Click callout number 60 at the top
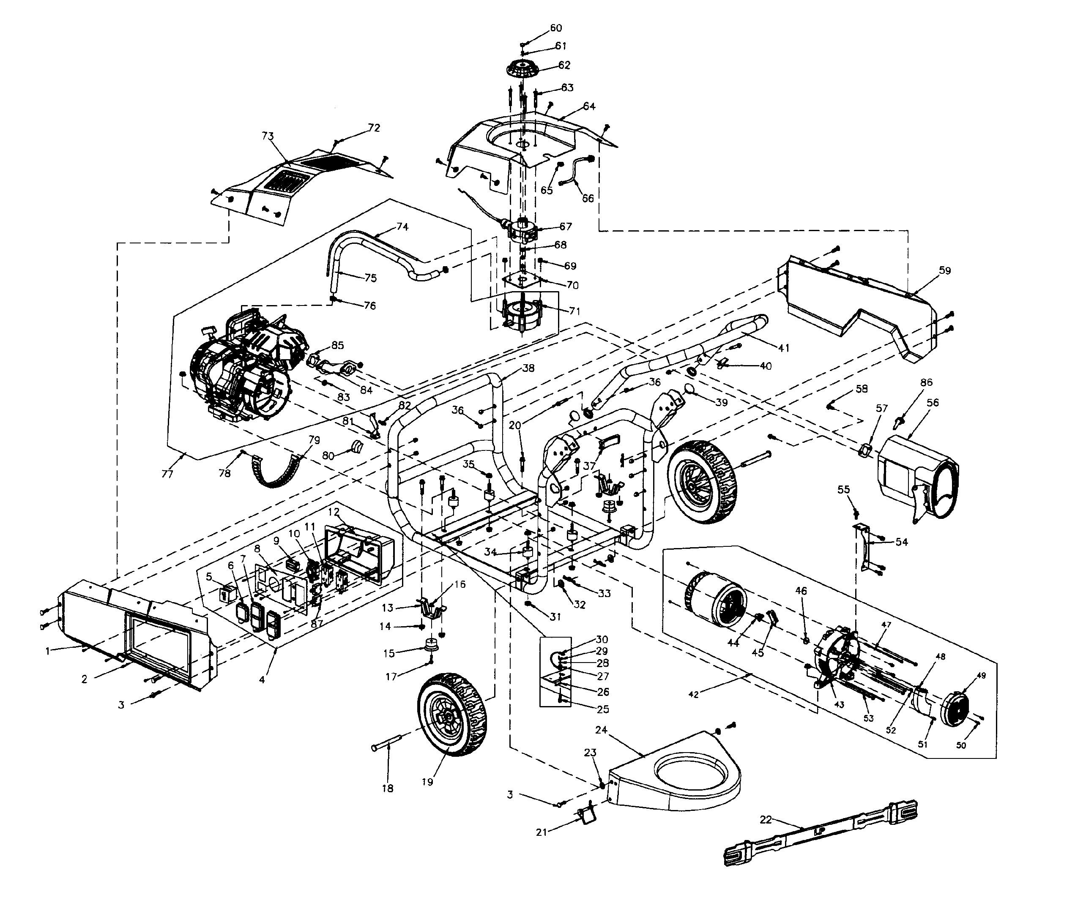click(x=555, y=28)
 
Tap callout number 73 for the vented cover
click(x=268, y=136)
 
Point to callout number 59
click(x=944, y=270)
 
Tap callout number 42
click(x=693, y=695)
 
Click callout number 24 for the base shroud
click(x=601, y=730)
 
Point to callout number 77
click(x=167, y=474)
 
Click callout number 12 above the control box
click(x=334, y=512)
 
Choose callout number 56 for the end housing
click(x=933, y=403)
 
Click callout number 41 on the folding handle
click(x=784, y=348)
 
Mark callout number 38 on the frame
click(x=528, y=368)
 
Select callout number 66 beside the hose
click(x=588, y=198)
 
